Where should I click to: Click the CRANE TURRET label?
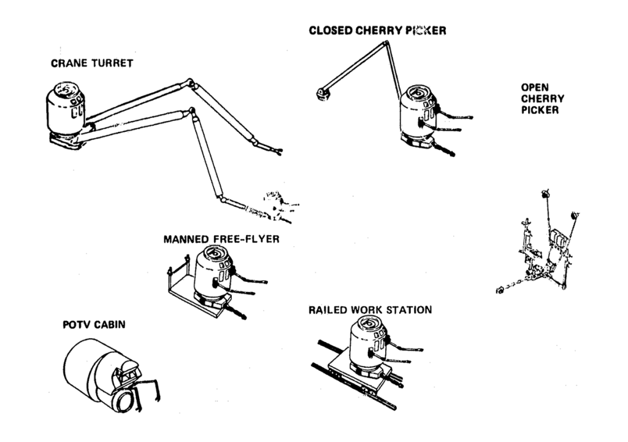coord(92,64)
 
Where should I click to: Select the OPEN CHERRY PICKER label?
coord(543,99)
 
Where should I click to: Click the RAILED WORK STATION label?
coord(370,310)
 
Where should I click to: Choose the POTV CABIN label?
coord(94,324)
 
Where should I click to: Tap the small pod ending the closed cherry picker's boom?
coord(321,93)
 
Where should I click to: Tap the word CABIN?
coord(109,324)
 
